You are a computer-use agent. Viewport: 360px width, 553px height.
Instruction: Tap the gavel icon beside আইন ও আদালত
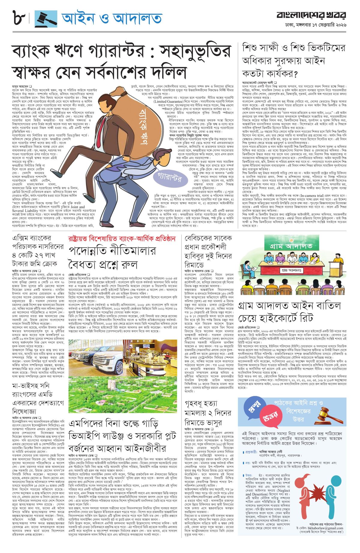click(x=46, y=19)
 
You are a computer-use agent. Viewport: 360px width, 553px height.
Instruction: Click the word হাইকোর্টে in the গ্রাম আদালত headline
click(x=279, y=318)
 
